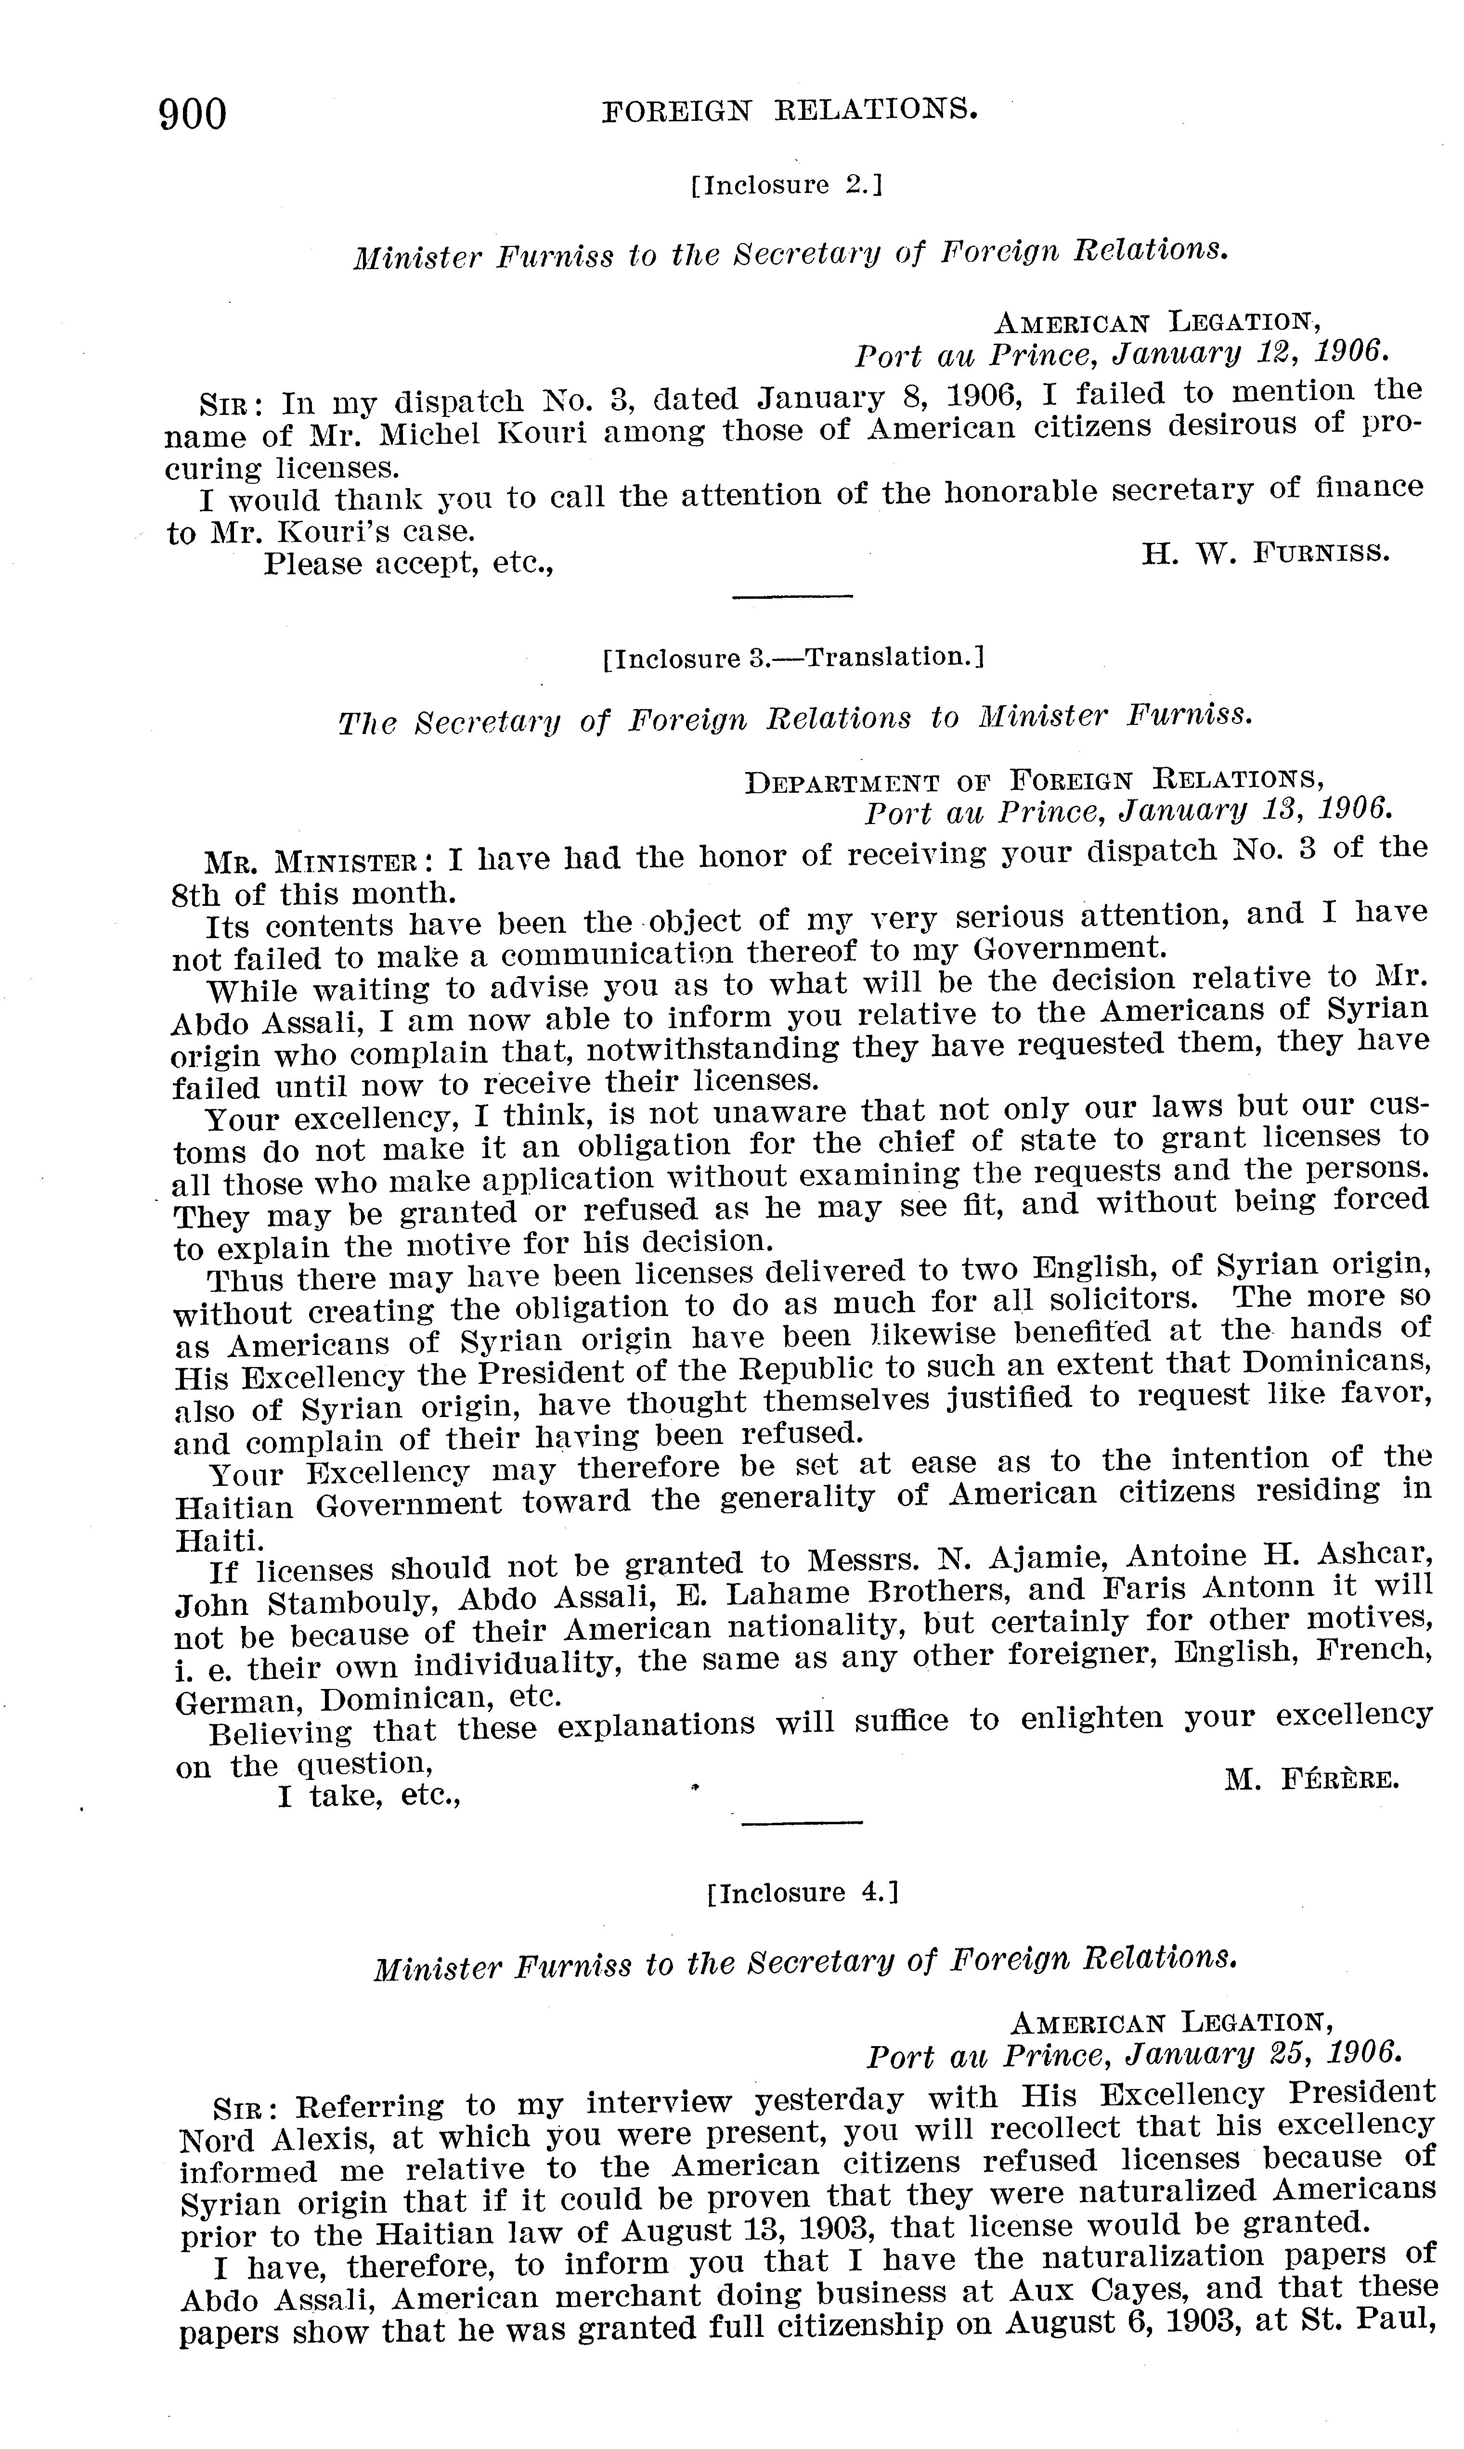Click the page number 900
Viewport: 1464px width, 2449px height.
(194, 116)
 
